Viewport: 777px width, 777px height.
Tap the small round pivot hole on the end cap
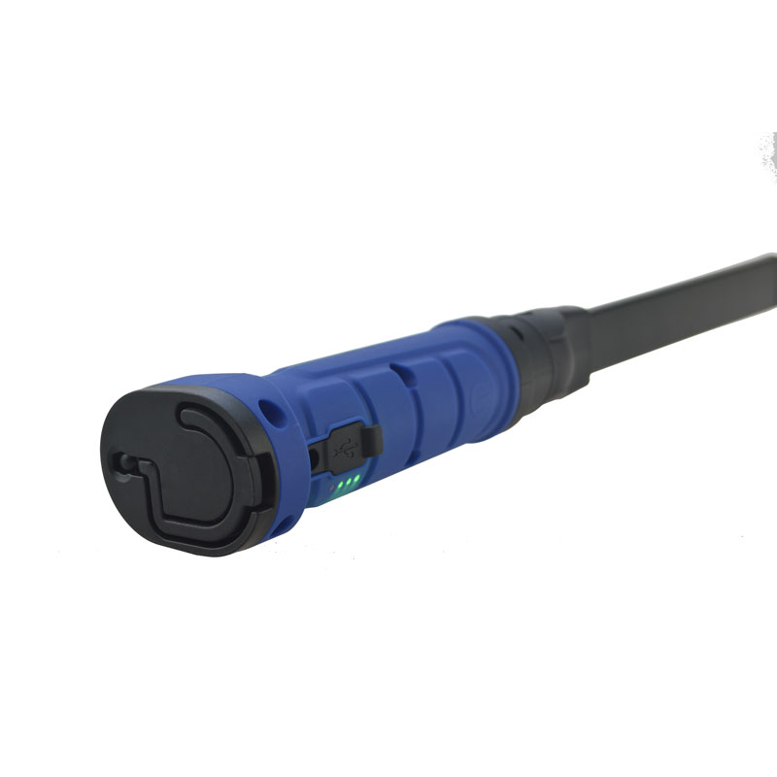(x=123, y=460)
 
